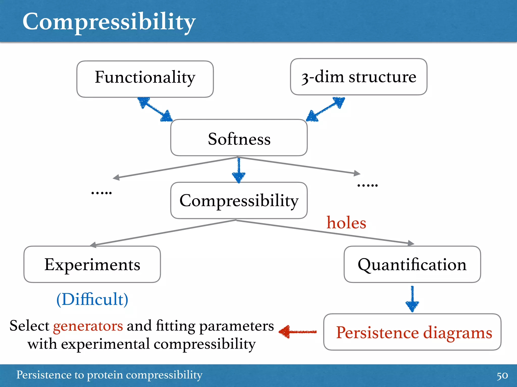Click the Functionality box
coord(145,79)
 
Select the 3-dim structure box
coord(358,77)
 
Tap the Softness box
coord(239,138)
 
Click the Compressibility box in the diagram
coord(239,201)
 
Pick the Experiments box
coord(92,264)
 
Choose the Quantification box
coord(412,264)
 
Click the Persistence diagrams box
coord(412,332)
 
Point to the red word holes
coord(346,223)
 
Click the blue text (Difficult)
coord(92,299)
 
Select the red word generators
coord(88,326)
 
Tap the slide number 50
coord(502,376)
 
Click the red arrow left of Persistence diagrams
coord(298,332)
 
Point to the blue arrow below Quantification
coord(412,299)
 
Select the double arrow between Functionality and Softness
coord(155,109)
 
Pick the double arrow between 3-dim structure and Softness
coord(326,109)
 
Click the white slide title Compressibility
coord(109,22)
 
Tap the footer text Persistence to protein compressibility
coord(109,375)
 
